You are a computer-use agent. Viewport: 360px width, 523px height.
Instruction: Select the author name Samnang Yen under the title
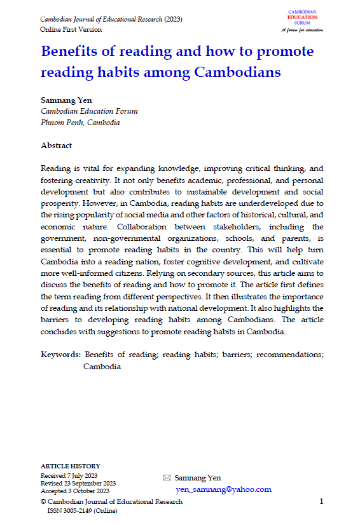(x=67, y=100)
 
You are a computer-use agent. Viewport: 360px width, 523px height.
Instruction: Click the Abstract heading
(x=57, y=146)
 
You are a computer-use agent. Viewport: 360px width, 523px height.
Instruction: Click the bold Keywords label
(x=60, y=355)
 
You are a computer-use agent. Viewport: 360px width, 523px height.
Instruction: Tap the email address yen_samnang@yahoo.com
(x=223, y=489)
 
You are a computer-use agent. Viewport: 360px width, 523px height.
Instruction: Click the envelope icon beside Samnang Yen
(x=167, y=478)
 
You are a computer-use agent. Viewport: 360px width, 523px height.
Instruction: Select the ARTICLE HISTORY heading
(x=70, y=466)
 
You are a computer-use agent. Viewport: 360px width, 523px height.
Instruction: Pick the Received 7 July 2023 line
(x=70, y=475)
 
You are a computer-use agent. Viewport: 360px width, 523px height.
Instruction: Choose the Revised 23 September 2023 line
(x=78, y=483)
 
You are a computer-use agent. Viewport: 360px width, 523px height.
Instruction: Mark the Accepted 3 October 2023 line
(x=74, y=491)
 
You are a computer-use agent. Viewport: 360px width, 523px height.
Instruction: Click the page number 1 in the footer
(x=321, y=501)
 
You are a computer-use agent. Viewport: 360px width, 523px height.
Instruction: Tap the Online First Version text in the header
(x=71, y=30)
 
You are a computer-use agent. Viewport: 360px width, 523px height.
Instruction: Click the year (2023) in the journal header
(x=173, y=19)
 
